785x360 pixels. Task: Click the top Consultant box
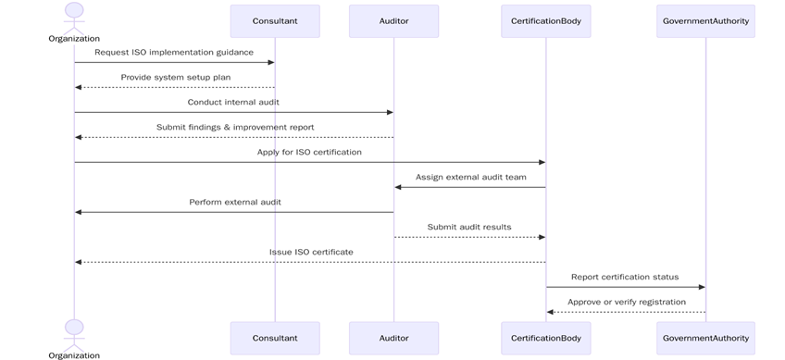coord(275,20)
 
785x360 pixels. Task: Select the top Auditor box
coord(393,20)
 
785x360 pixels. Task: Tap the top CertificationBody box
coord(545,20)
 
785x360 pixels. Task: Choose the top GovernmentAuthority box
coord(705,20)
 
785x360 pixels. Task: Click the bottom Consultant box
coord(275,338)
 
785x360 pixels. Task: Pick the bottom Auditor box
coord(393,338)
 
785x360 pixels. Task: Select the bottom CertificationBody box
coord(545,338)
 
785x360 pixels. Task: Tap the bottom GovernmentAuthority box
coord(705,338)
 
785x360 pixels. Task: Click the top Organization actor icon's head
coord(74,10)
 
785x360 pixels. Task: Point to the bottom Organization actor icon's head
coord(74,328)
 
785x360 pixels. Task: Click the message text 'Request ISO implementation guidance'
coord(174,53)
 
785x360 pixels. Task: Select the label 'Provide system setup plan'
coord(175,78)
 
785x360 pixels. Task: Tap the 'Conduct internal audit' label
coord(233,103)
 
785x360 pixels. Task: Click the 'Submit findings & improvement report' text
coord(234,128)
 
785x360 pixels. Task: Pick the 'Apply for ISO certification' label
coord(309,153)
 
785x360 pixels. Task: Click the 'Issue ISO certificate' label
coord(310,252)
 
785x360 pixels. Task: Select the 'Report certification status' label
coord(625,277)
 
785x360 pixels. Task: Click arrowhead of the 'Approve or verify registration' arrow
coord(550,312)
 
